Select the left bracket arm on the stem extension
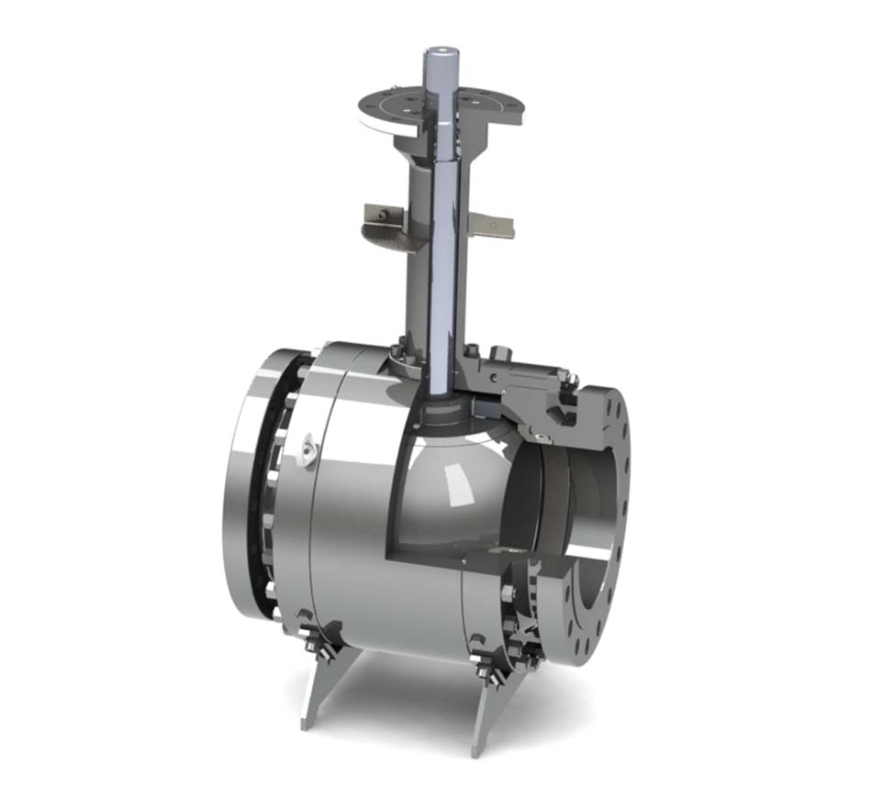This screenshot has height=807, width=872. (x=386, y=216)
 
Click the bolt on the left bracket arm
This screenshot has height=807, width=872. (x=377, y=216)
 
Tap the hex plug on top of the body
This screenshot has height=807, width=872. (x=501, y=354)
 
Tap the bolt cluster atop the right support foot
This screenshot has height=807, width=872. (x=481, y=657)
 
